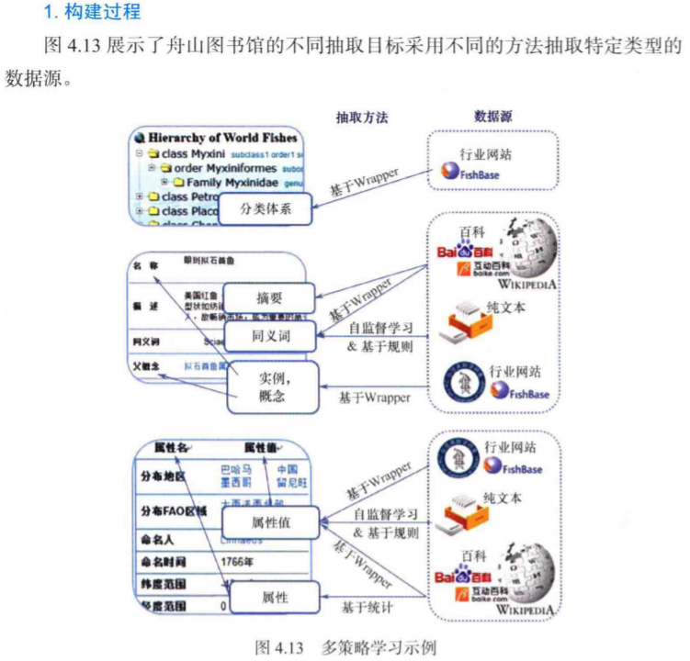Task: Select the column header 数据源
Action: point(493,117)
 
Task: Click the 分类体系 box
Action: point(266,209)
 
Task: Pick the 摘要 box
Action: point(270,297)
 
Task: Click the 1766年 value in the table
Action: point(240,560)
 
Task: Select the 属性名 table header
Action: point(172,447)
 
